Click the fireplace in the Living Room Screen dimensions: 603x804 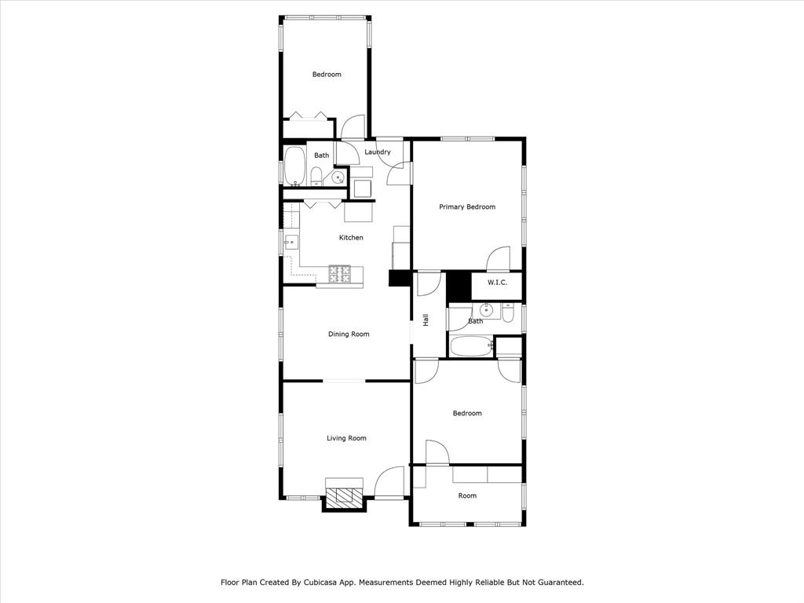click(344, 495)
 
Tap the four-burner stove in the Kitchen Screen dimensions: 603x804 click(340, 273)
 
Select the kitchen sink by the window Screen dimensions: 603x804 click(291, 242)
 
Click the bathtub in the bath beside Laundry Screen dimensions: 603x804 click(294, 166)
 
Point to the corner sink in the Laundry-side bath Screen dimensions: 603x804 click(338, 177)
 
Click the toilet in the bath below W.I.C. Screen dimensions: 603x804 click(507, 313)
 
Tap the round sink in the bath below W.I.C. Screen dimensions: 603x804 click(487, 311)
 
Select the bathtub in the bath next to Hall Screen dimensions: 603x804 click(471, 345)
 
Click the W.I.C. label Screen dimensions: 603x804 click(496, 283)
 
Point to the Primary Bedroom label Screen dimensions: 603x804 click(467, 207)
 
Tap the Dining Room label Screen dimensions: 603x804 click(349, 334)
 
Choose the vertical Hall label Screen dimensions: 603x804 click(426, 320)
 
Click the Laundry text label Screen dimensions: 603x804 click(378, 152)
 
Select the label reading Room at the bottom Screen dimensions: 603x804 click(467, 495)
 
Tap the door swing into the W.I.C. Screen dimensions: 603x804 click(499, 259)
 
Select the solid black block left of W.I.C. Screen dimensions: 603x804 click(458, 286)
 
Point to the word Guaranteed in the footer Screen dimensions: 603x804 click(554, 583)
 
